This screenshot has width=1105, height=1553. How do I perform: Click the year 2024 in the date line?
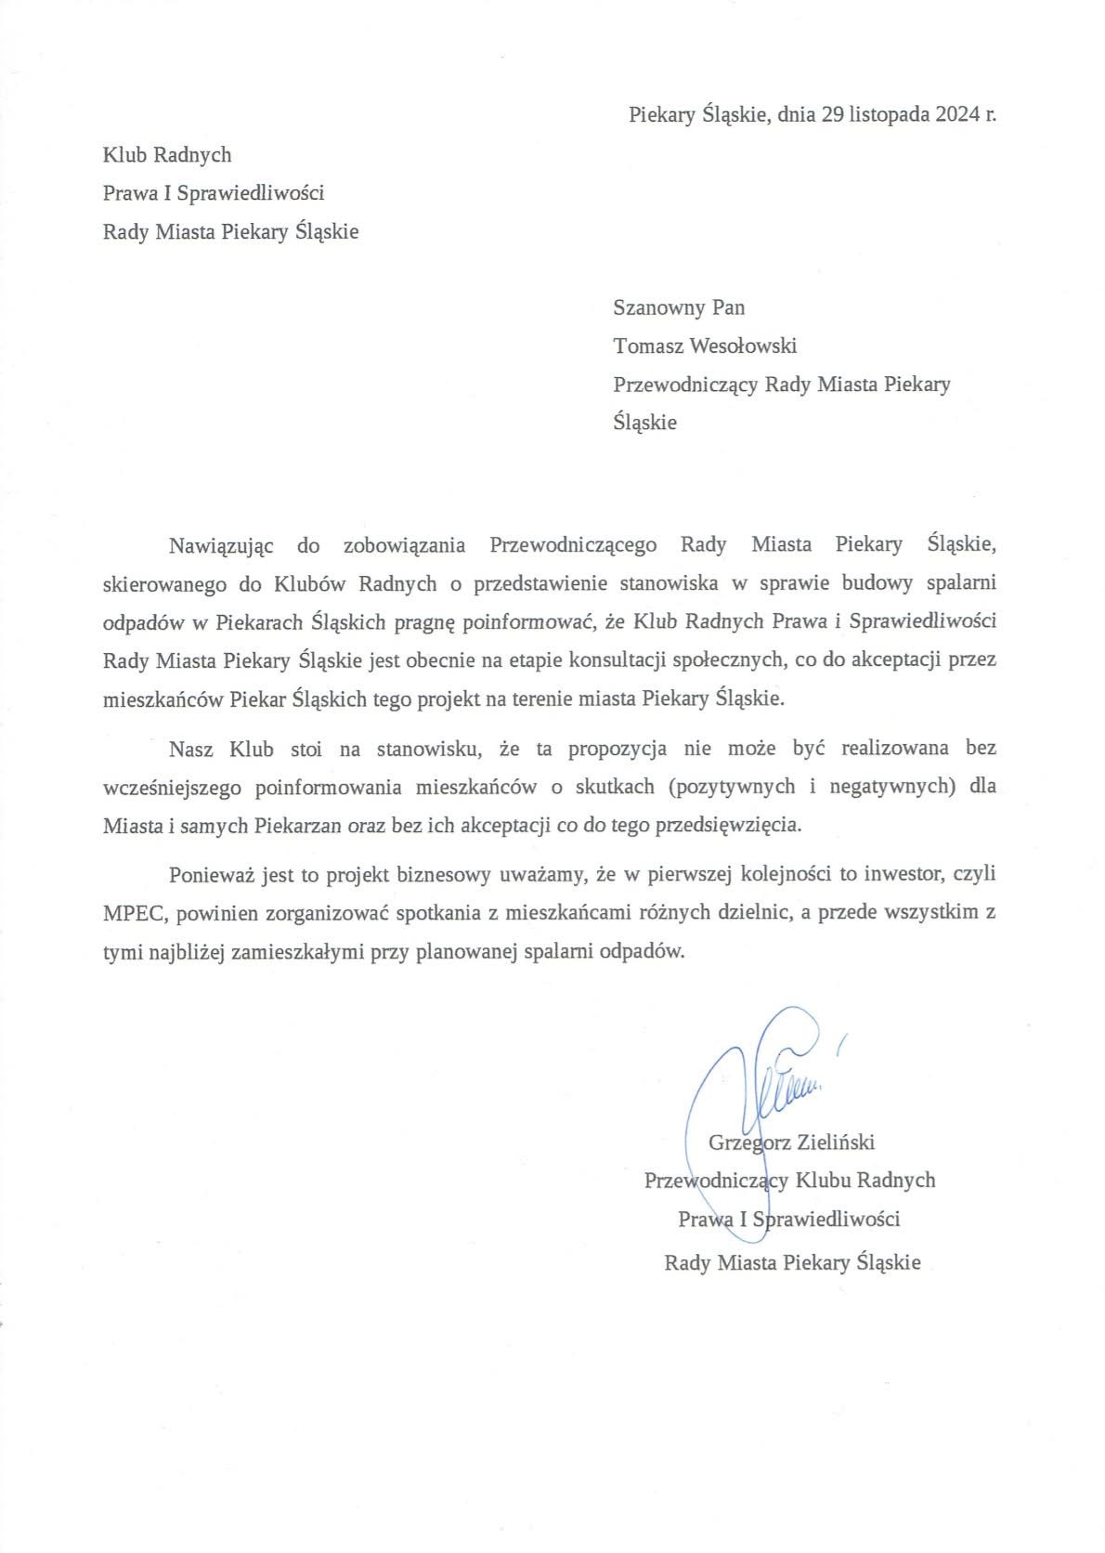tap(957, 115)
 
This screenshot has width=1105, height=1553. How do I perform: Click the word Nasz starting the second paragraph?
tap(191, 747)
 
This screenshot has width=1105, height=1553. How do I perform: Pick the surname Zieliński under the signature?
tap(836, 1142)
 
